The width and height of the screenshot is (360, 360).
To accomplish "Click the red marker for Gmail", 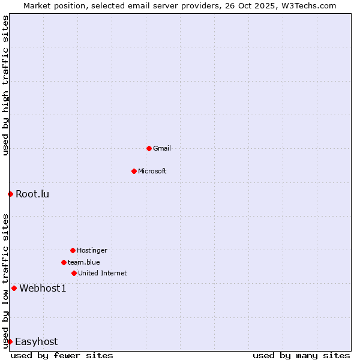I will point(149,148).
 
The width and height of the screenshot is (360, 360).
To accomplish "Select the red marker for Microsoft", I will point(134,171).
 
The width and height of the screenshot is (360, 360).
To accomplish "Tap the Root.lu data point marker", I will point(10,194).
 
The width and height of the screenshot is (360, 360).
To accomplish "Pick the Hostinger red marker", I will point(73,250).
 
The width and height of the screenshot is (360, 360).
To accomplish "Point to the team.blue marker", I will point(64,262).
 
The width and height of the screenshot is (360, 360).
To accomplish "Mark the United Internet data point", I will point(74,273).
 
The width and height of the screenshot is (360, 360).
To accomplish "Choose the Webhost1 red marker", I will point(14,288).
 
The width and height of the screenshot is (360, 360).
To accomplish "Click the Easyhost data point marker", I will point(10,341).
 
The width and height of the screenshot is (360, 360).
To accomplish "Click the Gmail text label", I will point(162,148).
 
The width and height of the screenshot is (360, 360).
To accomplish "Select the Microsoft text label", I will point(152,171).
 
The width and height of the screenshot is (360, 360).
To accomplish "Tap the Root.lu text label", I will point(32,194).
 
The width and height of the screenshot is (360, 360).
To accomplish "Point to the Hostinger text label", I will point(92,250).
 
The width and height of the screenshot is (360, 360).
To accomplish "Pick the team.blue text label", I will point(84,262).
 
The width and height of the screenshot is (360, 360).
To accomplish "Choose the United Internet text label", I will point(103,273).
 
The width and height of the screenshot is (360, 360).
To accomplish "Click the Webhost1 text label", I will point(43,288).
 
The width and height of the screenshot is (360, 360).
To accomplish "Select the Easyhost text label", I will point(36,341).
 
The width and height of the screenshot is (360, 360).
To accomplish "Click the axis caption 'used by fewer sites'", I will point(62,355).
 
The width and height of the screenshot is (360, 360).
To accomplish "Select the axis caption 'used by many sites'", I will point(301,355).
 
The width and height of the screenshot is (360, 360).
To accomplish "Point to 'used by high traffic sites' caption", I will point(5,85).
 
